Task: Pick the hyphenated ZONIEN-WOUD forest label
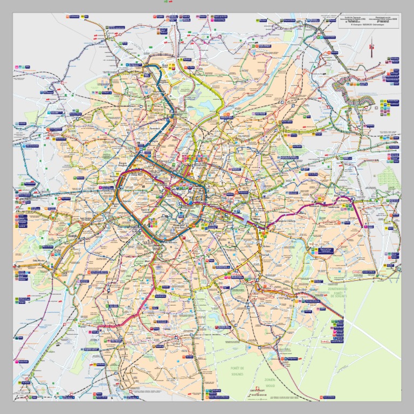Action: click(x=270, y=383)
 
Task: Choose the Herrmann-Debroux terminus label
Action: click(x=313, y=301)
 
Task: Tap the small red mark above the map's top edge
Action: click(x=172, y=2)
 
